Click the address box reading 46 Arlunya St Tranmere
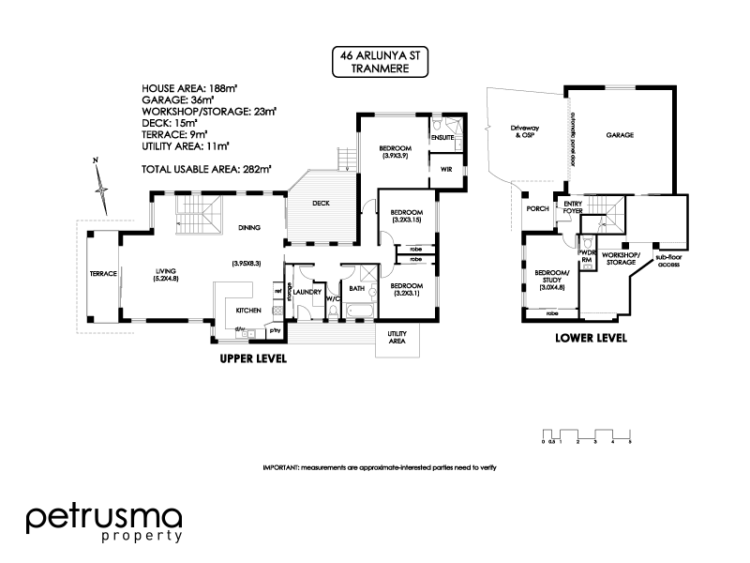click(x=380, y=62)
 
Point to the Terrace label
click(x=102, y=274)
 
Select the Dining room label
click(x=248, y=227)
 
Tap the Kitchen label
click(x=247, y=310)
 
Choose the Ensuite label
click(x=442, y=138)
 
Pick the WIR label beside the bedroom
click(x=446, y=170)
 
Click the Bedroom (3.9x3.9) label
click(x=392, y=152)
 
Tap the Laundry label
click(x=307, y=293)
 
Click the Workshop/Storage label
click(x=621, y=258)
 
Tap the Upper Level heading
click(x=253, y=359)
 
